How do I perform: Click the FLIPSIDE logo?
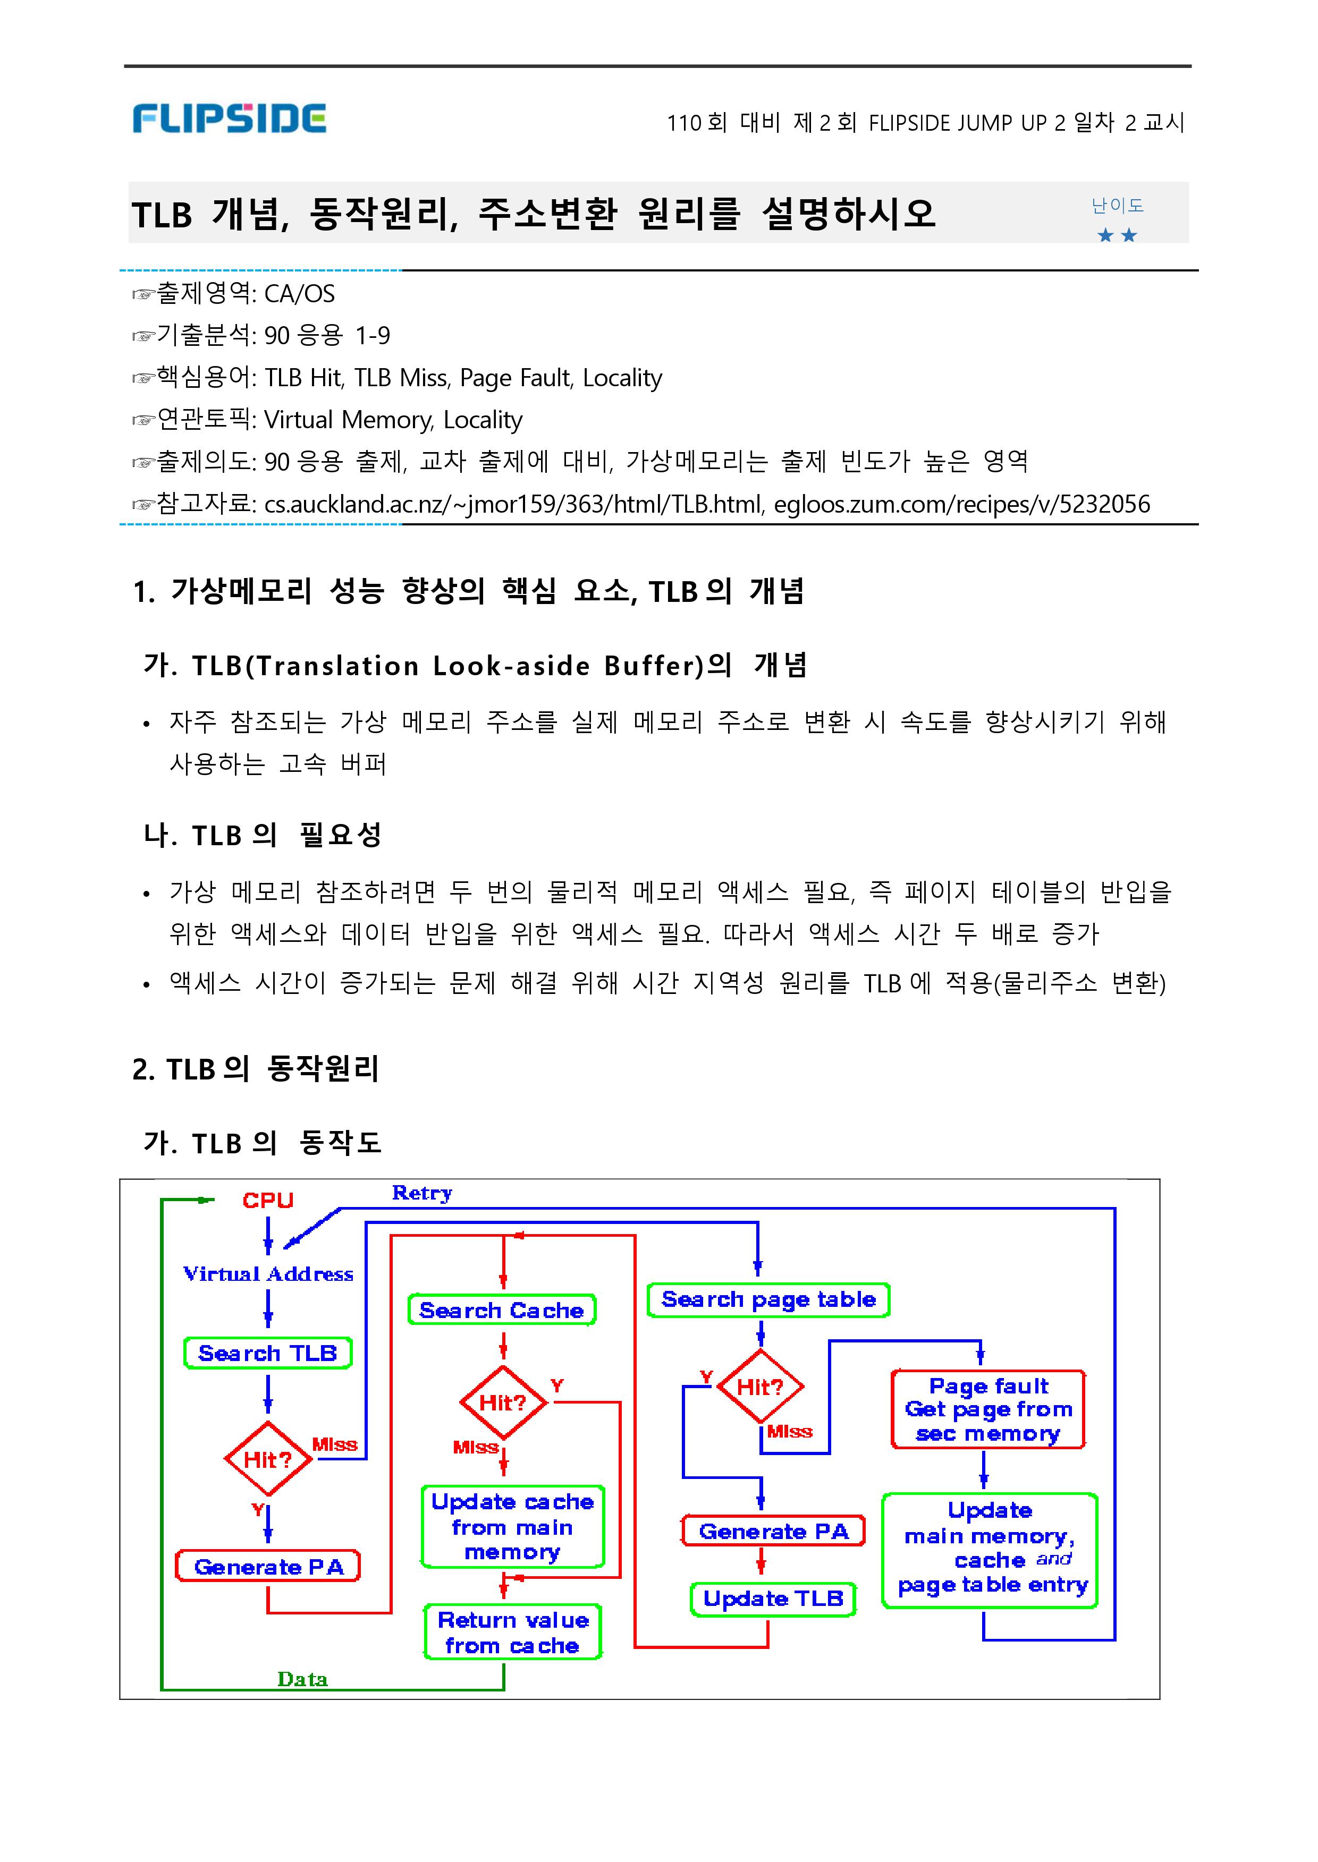[229, 118]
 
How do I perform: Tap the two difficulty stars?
[1117, 235]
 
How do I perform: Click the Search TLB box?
[268, 1353]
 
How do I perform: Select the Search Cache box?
[502, 1310]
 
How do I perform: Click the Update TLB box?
[773, 1599]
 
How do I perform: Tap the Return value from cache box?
[512, 1633]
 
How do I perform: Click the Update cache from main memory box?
[512, 1527]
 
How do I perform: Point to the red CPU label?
[268, 1201]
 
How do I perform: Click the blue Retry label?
[422, 1193]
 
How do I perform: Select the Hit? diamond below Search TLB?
[268, 1459]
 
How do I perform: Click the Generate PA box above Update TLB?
[773, 1532]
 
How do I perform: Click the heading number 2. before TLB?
[143, 1069]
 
